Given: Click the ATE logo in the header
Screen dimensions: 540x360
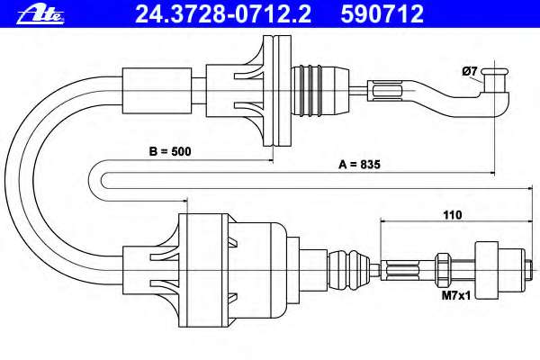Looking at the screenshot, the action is coord(40,14).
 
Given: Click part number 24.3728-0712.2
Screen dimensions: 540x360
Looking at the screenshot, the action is coord(223,14).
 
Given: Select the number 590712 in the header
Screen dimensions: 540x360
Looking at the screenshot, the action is coord(382,14).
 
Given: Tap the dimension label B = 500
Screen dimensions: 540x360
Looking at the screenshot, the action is coord(170,151).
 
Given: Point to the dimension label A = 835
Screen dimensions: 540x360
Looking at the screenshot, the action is coord(359,165).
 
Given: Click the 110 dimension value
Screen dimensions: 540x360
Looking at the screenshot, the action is coord(452,215).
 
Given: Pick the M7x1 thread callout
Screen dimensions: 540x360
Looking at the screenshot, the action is coord(456,295).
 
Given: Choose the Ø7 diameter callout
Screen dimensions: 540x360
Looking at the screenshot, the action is coord(470,71).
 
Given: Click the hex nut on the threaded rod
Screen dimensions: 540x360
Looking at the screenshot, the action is coord(442,270).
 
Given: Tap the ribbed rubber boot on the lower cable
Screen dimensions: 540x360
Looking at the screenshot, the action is coord(349,270).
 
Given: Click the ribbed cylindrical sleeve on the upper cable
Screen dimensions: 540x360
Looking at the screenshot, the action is coord(319,91).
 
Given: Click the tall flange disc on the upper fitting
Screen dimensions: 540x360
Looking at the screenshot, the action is coord(277,91).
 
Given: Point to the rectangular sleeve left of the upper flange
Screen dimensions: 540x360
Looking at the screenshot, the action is coord(157,91).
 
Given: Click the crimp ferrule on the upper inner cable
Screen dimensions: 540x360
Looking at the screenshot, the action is coord(387,91).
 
